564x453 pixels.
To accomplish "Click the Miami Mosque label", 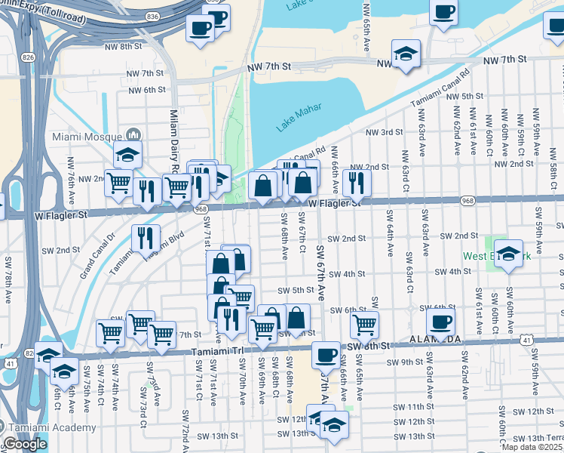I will point(87,137).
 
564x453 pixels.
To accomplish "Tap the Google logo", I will point(24,444).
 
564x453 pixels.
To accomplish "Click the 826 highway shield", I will point(28,57).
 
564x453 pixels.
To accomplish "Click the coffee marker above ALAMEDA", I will point(440,321).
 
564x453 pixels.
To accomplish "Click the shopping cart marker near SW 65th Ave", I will point(364,324).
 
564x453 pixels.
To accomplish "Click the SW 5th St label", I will point(295,290).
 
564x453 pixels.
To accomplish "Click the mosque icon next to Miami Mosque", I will point(133,134).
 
